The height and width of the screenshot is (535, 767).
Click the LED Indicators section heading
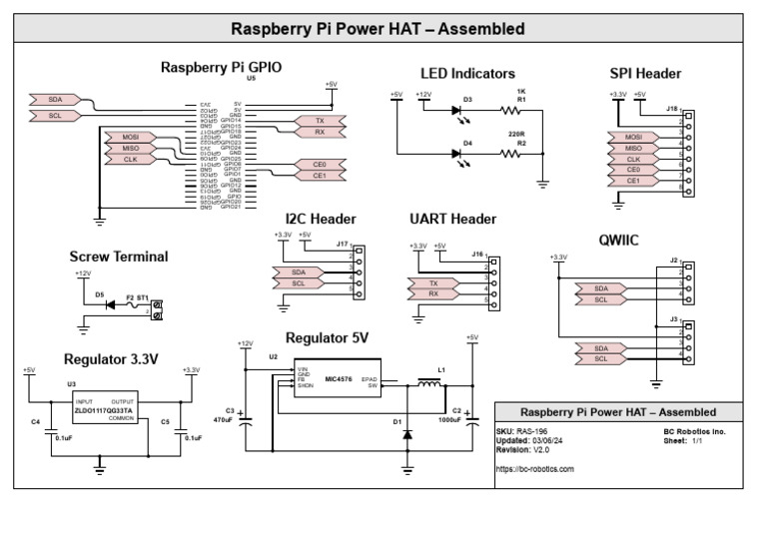pyautogui.click(x=467, y=74)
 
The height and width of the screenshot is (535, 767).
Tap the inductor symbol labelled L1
pyautogui.click(x=429, y=383)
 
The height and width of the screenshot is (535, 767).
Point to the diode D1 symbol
pyautogui.click(x=407, y=437)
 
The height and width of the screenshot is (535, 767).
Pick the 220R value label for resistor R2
pyautogui.click(x=515, y=133)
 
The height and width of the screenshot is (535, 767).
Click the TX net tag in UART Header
pyautogui.click(x=433, y=283)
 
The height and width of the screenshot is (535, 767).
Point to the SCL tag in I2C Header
pyautogui.click(x=298, y=283)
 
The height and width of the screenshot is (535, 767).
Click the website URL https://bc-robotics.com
pyautogui.click(x=535, y=468)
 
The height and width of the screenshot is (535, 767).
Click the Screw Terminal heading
pyautogui.click(x=119, y=257)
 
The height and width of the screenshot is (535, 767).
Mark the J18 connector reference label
pyautogui.click(x=672, y=108)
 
